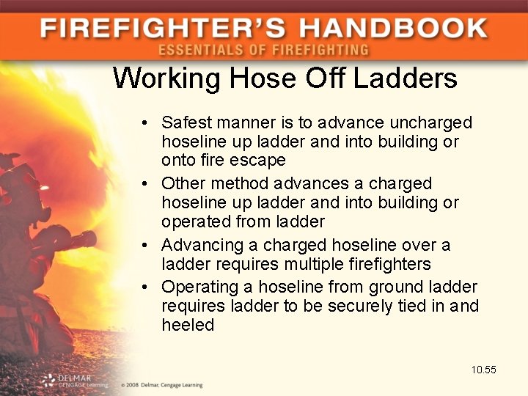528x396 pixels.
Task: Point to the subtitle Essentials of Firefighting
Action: click(x=263, y=51)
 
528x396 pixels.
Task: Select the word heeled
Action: click(x=188, y=325)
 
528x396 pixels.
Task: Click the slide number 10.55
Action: click(x=484, y=370)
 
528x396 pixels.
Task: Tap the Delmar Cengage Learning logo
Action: click(x=74, y=380)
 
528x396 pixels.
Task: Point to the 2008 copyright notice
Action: click(x=162, y=385)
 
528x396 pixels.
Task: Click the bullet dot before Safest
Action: click(x=147, y=122)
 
